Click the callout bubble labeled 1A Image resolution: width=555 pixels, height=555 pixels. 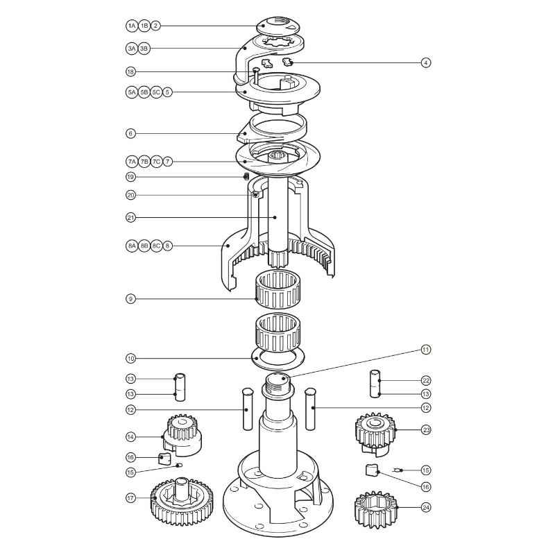[131, 26]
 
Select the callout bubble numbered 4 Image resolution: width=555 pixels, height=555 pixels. [426, 63]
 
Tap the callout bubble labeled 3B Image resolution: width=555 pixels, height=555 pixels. [144, 49]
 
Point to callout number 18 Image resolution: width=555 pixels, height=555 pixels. [131, 71]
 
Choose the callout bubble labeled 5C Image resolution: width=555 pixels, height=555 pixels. [156, 92]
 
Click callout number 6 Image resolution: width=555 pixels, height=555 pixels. [131, 133]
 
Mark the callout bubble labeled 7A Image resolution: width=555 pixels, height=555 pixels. [131, 161]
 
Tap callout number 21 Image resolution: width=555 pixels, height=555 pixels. [131, 217]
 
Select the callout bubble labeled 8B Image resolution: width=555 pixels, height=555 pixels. [144, 246]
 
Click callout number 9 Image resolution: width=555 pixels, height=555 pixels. [131, 299]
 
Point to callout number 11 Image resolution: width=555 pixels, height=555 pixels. [426, 349]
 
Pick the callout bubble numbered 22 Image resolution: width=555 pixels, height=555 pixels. [426, 380]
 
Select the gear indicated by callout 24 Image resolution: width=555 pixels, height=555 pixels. [375, 509]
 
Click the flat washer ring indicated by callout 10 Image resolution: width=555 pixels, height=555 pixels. [277, 359]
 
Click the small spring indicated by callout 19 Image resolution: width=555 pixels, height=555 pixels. [246, 177]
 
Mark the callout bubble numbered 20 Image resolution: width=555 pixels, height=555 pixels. [131, 195]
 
